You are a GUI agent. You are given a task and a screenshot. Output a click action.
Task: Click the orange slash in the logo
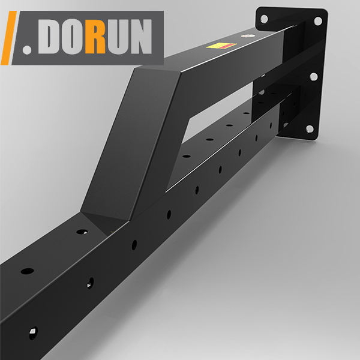pyautogui.click(x=9, y=38)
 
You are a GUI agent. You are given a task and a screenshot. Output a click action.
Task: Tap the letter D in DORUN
pyautogui.click(x=49, y=37)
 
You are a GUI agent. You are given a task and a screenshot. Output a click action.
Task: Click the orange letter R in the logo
pyautogui.click(x=95, y=37)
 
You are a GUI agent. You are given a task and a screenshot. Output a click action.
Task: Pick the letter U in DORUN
pyautogui.click(x=118, y=37)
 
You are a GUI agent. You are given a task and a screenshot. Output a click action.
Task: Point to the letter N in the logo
pyautogui.click(x=140, y=37)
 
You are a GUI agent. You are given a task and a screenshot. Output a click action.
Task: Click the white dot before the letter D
pyautogui.click(x=27, y=50)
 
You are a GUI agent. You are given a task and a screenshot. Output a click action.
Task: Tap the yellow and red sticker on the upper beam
pyautogui.click(x=221, y=46)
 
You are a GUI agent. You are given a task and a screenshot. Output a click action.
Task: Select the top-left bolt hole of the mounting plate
pyautogui.click(x=264, y=19)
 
